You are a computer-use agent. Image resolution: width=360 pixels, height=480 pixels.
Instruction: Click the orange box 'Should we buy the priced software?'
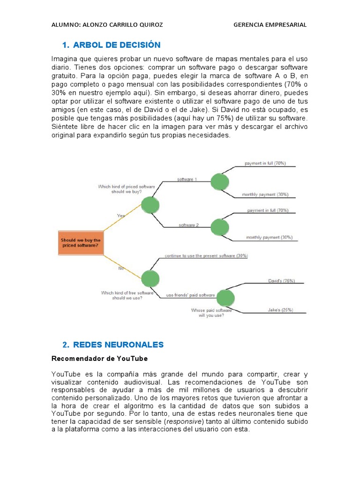click(80, 242)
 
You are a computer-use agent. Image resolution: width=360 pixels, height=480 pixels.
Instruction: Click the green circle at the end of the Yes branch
click(150, 204)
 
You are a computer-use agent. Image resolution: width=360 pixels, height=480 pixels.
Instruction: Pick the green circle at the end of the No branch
click(150, 278)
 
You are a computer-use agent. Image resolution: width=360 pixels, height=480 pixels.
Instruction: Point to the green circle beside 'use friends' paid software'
click(225, 297)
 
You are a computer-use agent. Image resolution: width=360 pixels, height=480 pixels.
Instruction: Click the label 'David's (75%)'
click(281, 281)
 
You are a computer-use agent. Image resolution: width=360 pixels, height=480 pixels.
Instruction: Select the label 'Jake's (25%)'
click(281, 310)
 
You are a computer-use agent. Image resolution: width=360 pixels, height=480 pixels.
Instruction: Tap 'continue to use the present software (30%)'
click(206, 256)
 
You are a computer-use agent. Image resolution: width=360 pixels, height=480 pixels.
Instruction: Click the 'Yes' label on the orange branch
click(121, 215)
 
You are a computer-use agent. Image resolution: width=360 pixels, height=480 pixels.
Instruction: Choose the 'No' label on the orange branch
click(120, 269)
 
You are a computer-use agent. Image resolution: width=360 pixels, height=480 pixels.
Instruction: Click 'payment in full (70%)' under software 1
click(265, 163)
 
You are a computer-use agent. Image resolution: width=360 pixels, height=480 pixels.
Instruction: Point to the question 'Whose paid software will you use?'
click(211, 313)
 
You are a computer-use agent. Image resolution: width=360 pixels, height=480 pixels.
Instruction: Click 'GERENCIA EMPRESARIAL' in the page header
click(270, 25)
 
